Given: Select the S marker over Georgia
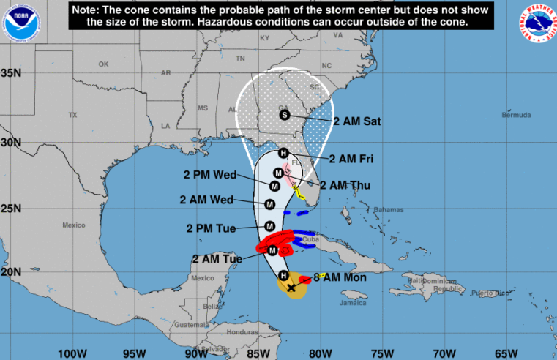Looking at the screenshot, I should (285, 114).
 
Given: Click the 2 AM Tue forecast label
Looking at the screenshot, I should (216, 258).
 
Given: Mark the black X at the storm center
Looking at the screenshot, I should (292, 288).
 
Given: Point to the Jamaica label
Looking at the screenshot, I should (352, 302).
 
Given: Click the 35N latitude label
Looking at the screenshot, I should (11, 72).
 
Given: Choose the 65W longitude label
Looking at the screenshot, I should (509, 353).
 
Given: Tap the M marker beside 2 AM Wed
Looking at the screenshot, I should (269, 204).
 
